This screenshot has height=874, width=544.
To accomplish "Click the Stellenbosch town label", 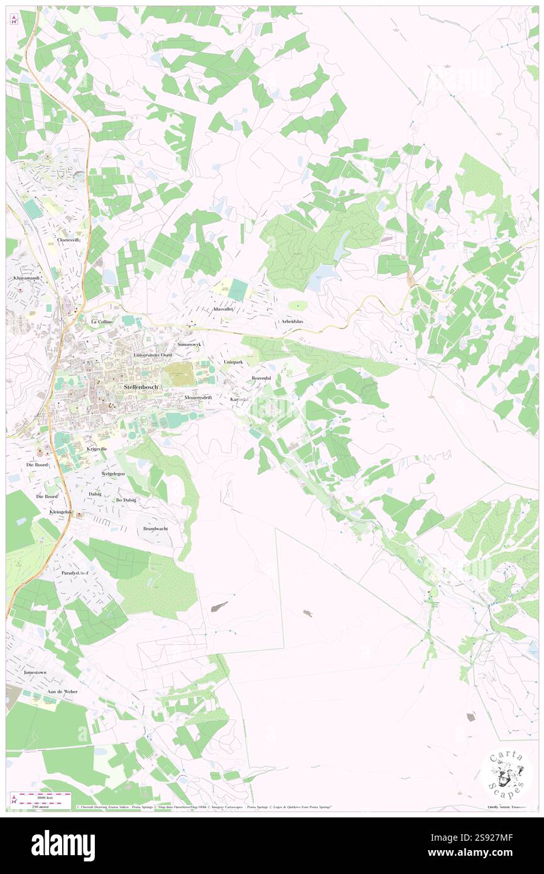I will pyautogui.click(x=141, y=387).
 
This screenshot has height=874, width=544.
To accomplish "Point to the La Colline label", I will pyautogui.click(x=102, y=322).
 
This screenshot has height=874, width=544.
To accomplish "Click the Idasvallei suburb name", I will pyautogui.click(x=223, y=309).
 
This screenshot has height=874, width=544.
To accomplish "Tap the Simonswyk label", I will pyautogui.click(x=190, y=345).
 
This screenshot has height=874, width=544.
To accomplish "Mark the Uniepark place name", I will pyautogui.click(x=233, y=363).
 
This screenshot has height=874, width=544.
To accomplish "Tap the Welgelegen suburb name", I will pyautogui.click(x=115, y=473).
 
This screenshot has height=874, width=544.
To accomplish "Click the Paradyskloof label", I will pyautogui.click(x=75, y=573).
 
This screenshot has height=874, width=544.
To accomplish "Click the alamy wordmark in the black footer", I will pyautogui.click(x=63, y=845).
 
